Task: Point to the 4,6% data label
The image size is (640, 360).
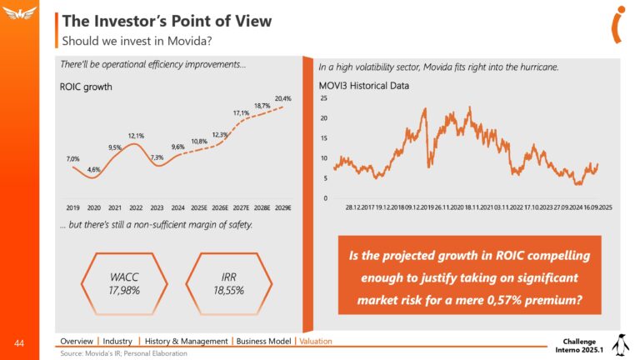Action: tap(94, 169)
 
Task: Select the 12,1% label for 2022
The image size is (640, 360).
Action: tap(137, 136)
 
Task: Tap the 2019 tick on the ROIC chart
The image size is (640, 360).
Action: tap(72, 206)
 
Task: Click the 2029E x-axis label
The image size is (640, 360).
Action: tap(282, 206)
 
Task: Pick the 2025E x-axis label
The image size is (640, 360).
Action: tap(198, 206)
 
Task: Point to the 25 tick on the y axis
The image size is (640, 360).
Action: tap(324, 99)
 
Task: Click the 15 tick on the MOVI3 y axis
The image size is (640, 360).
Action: tap(324, 138)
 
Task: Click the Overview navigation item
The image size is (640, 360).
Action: tap(76, 341)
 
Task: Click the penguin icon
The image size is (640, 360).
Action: tap(619, 344)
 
